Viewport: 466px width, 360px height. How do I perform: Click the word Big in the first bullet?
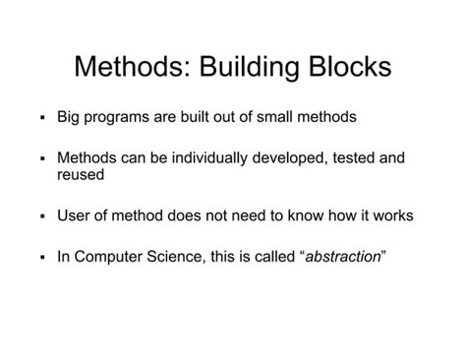pos(70,116)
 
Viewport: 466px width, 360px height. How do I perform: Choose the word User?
pos(75,215)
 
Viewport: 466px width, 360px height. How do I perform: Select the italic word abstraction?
pos(343,257)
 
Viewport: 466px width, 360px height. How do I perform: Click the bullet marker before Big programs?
pos(43,117)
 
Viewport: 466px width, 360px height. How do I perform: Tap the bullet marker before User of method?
pos(43,216)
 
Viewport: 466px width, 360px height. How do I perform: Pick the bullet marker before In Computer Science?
pos(43,258)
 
